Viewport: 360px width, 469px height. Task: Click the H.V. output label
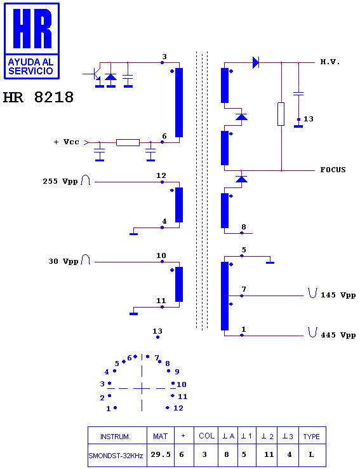[x=330, y=62]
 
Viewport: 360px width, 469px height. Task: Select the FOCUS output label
[x=333, y=170]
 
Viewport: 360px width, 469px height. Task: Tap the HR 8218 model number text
[x=38, y=97]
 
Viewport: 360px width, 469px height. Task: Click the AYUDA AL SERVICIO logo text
[x=30, y=66]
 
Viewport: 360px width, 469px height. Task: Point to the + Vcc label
[x=66, y=142]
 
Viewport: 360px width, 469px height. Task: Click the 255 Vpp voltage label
[x=60, y=182]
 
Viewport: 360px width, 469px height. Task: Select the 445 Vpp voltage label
[x=338, y=335]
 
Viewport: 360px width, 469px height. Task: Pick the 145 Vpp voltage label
[x=338, y=295]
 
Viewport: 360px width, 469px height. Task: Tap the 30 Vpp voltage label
[x=63, y=261]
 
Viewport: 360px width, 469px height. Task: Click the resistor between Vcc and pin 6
[x=128, y=143]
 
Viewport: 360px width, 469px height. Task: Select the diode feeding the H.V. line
[x=256, y=62]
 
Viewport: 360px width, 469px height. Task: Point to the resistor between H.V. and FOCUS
[x=281, y=114]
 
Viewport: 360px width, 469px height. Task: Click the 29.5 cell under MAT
[x=161, y=454]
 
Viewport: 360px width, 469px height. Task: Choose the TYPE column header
[x=311, y=437]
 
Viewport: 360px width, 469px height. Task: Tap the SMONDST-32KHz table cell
[x=116, y=456]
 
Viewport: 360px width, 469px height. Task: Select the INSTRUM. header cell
[x=116, y=437]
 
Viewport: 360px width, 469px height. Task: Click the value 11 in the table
[x=269, y=454]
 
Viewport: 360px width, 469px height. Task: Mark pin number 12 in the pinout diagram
[x=178, y=408]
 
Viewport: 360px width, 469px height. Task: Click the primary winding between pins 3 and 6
[x=179, y=102]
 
